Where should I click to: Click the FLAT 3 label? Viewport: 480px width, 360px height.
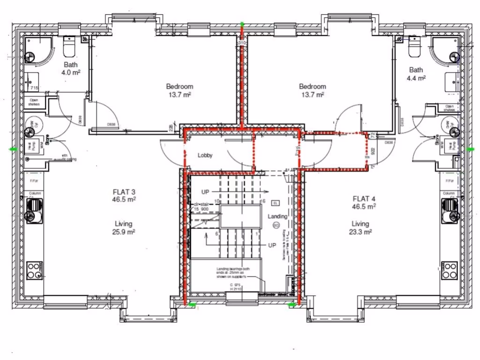(124, 192)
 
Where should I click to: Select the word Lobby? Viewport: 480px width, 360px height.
(205, 155)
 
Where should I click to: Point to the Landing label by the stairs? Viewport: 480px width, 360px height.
(277, 216)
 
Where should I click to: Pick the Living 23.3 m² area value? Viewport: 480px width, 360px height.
(360, 232)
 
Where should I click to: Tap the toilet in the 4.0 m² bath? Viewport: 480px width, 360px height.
(69, 46)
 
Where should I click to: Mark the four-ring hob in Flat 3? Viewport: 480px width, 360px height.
(34, 270)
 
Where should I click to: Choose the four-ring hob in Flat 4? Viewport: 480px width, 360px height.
(449, 270)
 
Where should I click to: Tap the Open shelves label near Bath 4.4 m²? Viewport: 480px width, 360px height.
(449, 108)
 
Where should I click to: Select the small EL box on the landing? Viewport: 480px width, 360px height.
(275, 203)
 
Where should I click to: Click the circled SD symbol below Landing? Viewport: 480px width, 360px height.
(276, 225)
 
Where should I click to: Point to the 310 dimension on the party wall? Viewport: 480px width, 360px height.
(242, 43)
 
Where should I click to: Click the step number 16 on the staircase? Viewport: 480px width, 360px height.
(263, 201)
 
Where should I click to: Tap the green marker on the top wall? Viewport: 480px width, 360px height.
(242, 22)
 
